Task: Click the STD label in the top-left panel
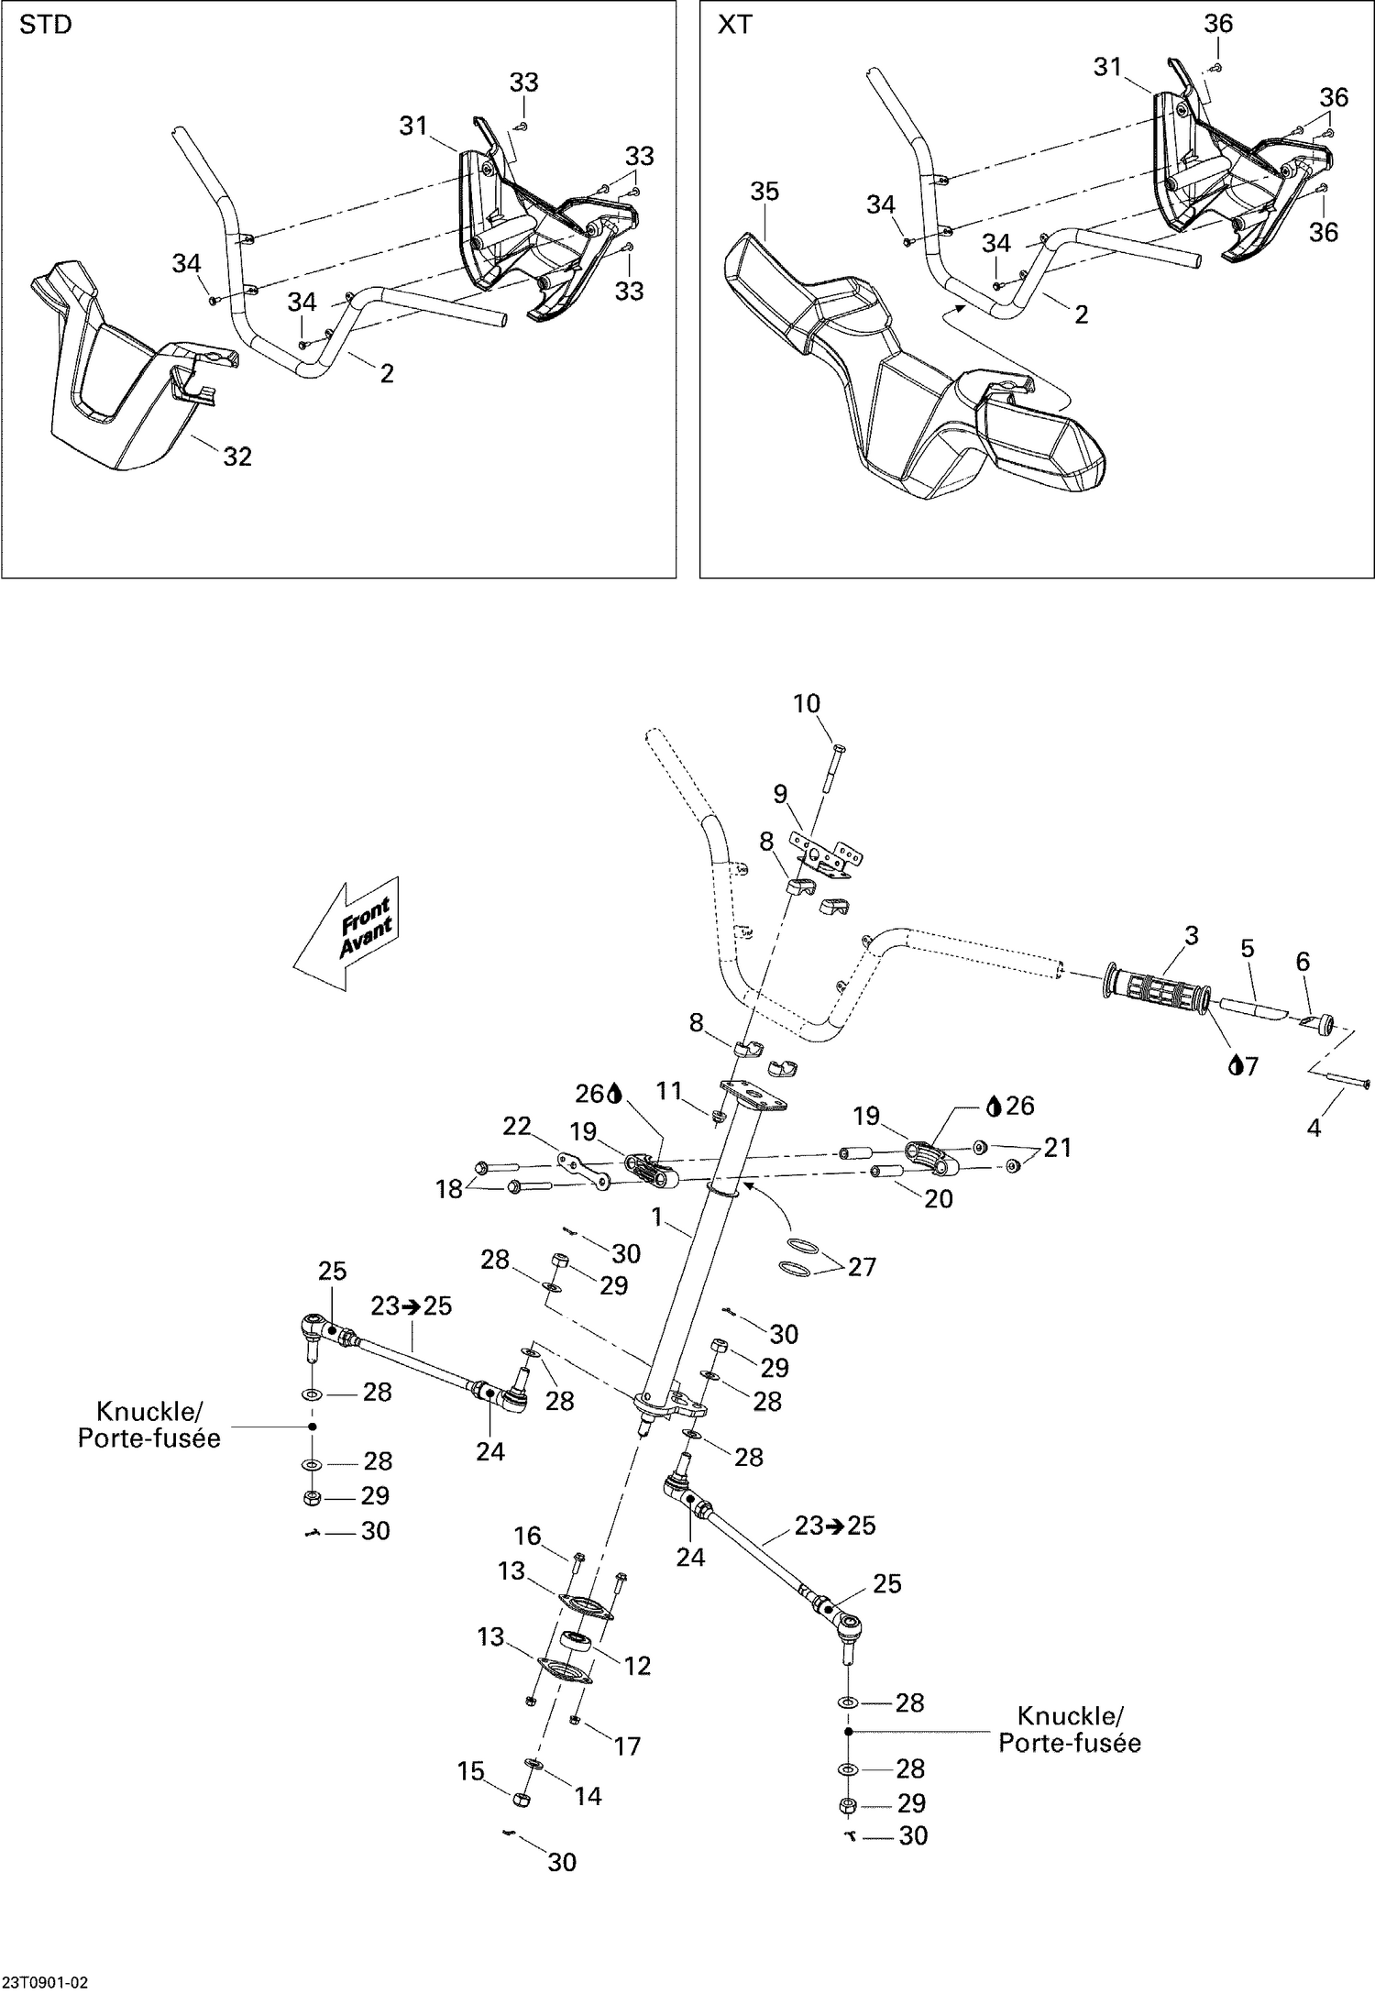pyautogui.click(x=45, y=26)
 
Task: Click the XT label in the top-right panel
pyautogui.click(x=734, y=26)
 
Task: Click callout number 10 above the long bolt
pyautogui.click(x=806, y=704)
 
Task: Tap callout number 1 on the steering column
pyautogui.click(x=655, y=1217)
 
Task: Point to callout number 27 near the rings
pyautogui.click(x=862, y=1266)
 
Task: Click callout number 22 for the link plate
pyautogui.click(x=517, y=1125)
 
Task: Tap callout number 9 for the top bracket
pyautogui.click(x=780, y=794)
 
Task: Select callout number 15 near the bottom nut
pyautogui.click(x=470, y=1771)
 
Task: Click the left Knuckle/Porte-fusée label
pyautogui.click(x=148, y=1425)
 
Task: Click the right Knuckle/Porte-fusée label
pyautogui.click(x=1069, y=1729)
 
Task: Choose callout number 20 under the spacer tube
pyautogui.click(x=938, y=1198)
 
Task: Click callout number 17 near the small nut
pyautogui.click(x=627, y=1746)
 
